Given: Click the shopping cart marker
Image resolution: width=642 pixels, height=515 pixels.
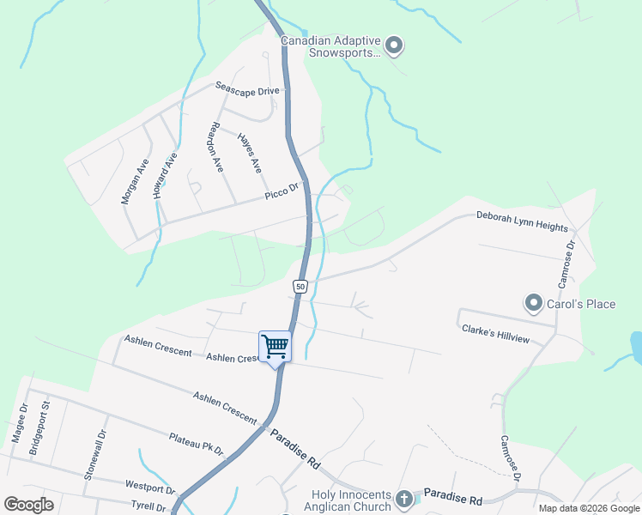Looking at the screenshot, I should pos(276,347).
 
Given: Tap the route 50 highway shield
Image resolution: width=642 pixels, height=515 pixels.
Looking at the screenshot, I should pos(300,285).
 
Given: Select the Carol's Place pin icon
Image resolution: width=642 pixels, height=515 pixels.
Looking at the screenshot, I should pos(534,303).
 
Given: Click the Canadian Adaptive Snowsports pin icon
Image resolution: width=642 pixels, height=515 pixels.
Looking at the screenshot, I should pos(394,45).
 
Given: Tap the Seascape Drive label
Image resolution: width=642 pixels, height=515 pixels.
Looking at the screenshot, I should pos(247,90).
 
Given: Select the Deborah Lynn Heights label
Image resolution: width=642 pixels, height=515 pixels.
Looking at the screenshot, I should pos(522,221).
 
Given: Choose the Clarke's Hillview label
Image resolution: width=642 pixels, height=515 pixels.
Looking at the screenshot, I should pos(495,334).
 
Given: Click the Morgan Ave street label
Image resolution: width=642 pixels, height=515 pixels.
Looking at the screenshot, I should pos(135,180).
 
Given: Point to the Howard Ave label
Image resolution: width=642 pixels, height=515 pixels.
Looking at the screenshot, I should pos(165,176).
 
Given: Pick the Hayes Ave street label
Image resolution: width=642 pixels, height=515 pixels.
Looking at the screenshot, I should pos(249,154).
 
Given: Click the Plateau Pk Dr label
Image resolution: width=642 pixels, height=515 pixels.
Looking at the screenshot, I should pos(196,444).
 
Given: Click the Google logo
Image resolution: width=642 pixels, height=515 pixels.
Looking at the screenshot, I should pos(29,505).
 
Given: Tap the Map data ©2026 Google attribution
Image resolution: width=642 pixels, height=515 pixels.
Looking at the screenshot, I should pos(589,508).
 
